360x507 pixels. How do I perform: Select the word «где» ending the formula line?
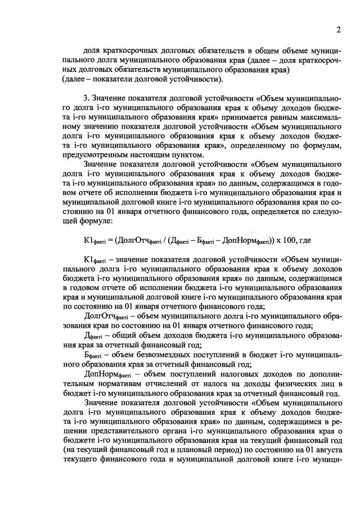[x=301, y=240]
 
